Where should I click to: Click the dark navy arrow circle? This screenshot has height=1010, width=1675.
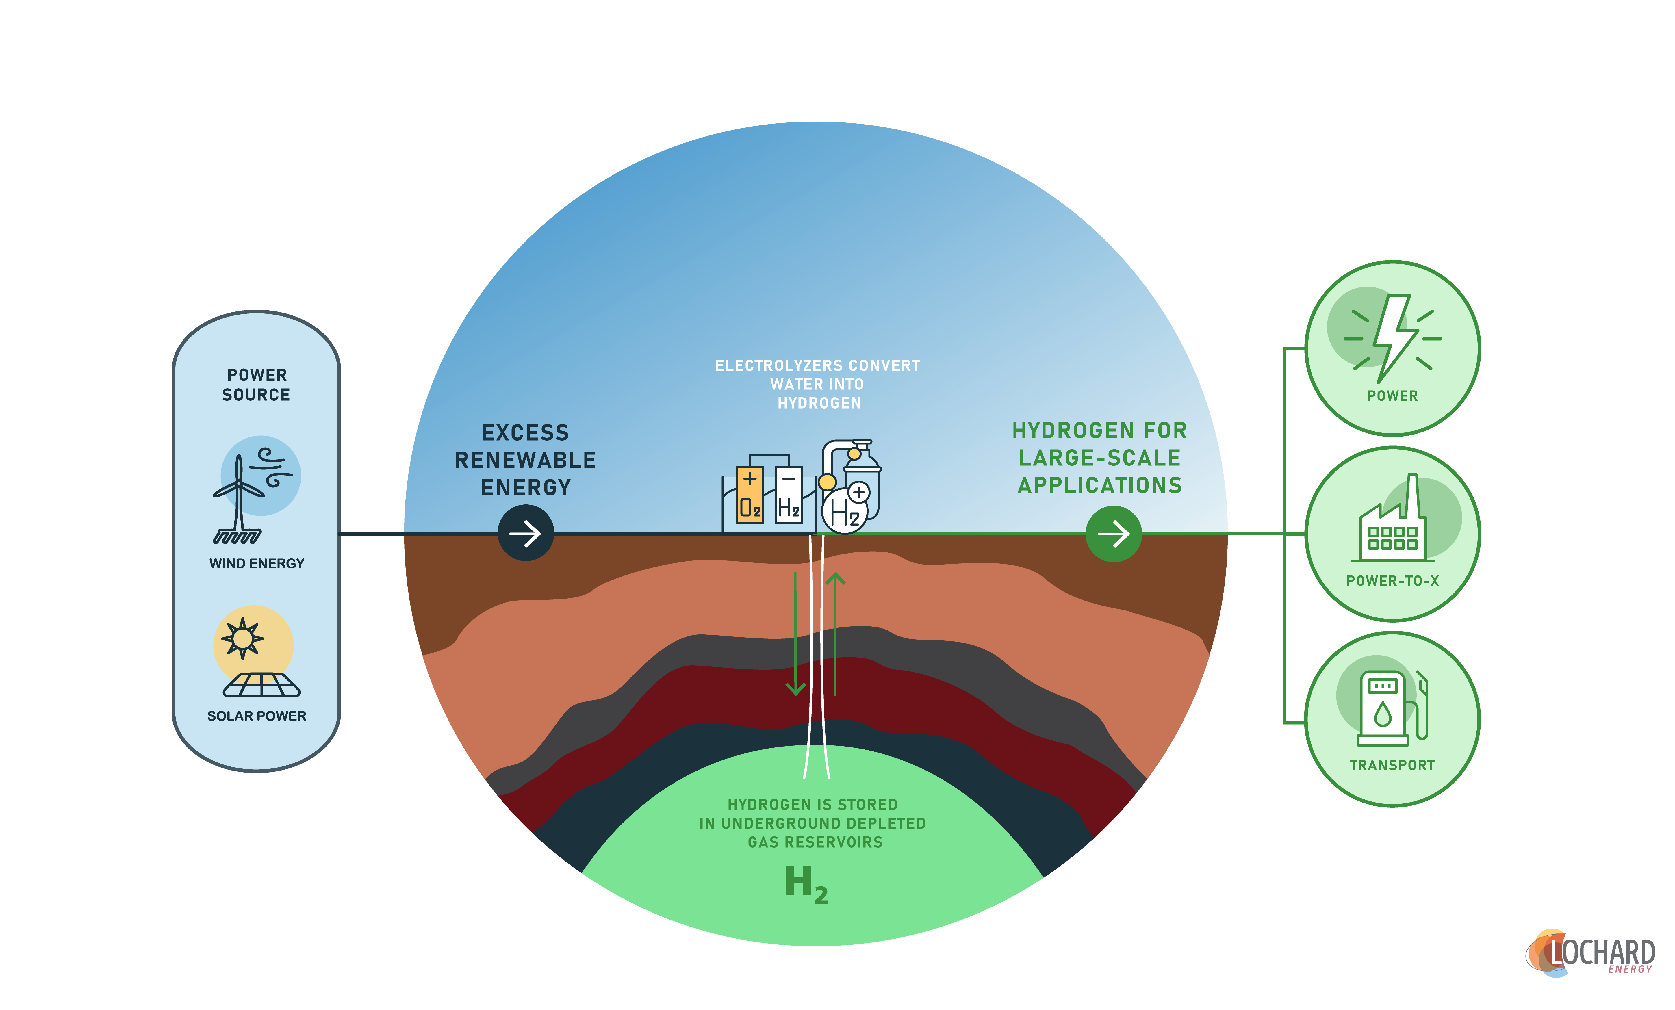pyautogui.click(x=526, y=534)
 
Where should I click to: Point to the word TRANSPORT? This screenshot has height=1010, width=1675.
pyautogui.click(x=1392, y=765)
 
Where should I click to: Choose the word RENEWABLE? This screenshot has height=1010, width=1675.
pyautogui.click(x=526, y=460)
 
